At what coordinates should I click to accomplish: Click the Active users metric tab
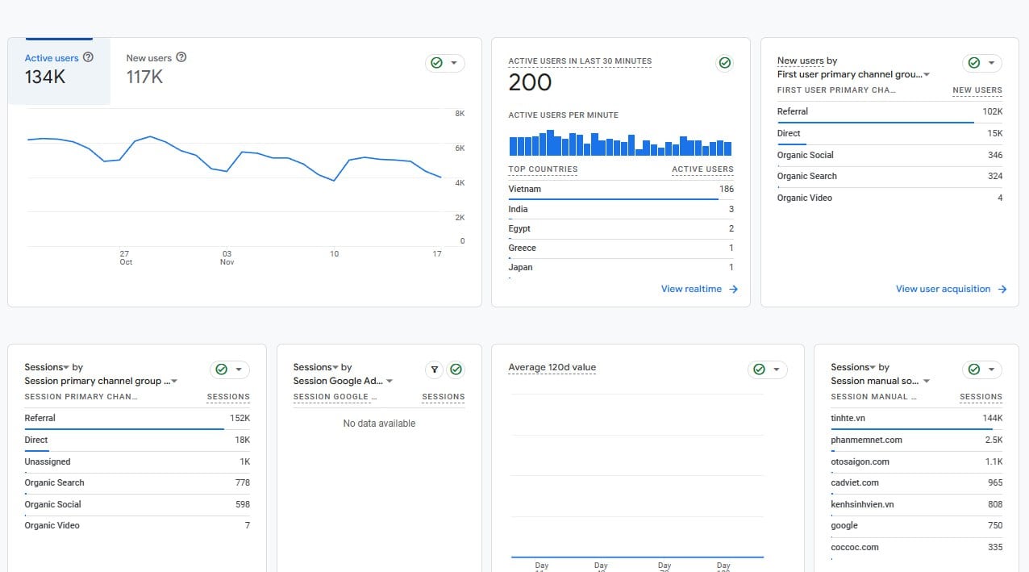(59, 71)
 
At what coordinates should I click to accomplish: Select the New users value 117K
(144, 77)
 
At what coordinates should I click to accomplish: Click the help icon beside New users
(181, 57)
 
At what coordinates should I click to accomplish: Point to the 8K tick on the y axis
(460, 114)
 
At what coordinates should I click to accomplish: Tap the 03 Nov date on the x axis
(227, 257)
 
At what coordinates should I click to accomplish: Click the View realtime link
(699, 289)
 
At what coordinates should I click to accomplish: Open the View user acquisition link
(951, 289)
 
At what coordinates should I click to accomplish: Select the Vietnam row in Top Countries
(621, 190)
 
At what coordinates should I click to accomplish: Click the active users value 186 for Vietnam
(727, 189)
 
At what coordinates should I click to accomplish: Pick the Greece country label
(522, 248)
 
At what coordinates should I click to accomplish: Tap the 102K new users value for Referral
(992, 111)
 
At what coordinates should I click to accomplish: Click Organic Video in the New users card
(804, 198)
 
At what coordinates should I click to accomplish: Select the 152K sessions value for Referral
(240, 418)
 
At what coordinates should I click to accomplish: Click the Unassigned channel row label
(48, 461)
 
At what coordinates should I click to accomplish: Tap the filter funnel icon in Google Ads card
(434, 370)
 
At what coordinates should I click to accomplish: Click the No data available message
(379, 424)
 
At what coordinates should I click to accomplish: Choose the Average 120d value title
(552, 367)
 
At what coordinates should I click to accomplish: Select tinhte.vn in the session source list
(848, 418)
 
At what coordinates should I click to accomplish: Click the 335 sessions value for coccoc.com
(995, 547)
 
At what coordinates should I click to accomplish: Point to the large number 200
(530, 83)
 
